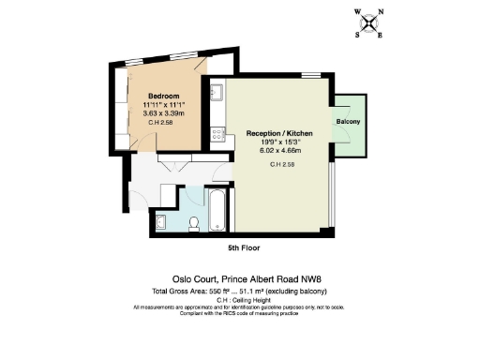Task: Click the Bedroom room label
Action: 163,95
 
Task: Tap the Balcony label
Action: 348,123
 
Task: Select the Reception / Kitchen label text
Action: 278,134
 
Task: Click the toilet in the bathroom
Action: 193,223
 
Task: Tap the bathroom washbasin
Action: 159,221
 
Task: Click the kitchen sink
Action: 216,93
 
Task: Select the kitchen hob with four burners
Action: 217,133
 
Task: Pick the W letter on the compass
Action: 357,14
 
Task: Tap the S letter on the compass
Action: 357,35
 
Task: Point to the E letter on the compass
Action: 379,35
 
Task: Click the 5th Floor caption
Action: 244,248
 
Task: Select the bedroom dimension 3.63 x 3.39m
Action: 163,113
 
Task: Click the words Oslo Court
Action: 194,278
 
